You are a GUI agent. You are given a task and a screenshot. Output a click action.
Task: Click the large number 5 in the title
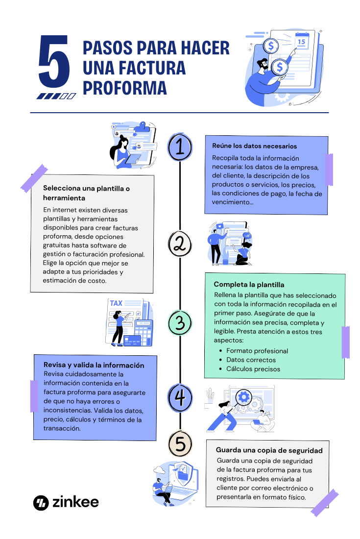click(x=54, y=61)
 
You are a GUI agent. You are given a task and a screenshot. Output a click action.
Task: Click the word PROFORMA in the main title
click(x=125, y=88)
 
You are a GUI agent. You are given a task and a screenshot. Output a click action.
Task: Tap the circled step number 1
click(x=180, y=147)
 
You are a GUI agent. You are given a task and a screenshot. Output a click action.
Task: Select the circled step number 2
click(x=180, y=244)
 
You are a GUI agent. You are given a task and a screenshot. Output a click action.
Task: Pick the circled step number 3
click(x=180, y=322)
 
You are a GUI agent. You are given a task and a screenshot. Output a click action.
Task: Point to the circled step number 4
click(x=180, y=398)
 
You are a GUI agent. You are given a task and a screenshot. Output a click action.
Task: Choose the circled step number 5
click(x=180, y=444)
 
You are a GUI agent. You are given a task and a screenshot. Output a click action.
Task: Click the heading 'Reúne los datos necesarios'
click(x=254, y=146)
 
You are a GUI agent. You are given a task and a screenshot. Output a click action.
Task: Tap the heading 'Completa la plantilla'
click(x=249, y=285)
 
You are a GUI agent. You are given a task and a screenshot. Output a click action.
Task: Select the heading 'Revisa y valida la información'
click(x=94, y=365)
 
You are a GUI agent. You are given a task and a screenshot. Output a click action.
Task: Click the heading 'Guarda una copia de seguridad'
click(x=269, y=450)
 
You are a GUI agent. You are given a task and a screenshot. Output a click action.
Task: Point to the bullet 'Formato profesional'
click(x=257, y=351)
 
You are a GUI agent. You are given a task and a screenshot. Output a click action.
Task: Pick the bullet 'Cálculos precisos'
click(x=253, y=369)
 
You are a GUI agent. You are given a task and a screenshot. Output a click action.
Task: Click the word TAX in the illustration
click(x=116, y=303)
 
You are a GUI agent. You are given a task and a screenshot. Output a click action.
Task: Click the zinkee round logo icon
click(x=41, y=503)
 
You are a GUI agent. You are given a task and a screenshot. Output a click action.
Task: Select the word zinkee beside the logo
click(x=75, y=502)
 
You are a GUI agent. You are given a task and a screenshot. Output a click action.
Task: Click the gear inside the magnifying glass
click(x=243, y=397)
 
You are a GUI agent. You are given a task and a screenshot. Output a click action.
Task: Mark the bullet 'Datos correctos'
click(x=251, y=360)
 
